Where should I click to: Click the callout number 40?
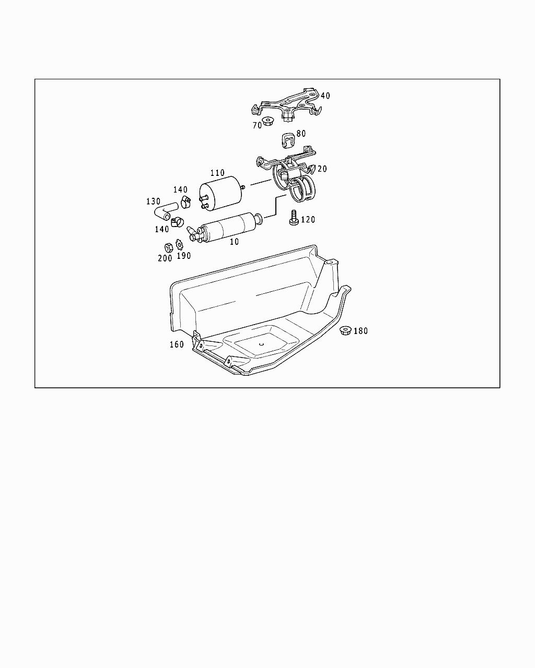coord(325,96)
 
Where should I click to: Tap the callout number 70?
coord(257,125)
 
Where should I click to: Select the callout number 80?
coord(301,134)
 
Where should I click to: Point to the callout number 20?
coord(322,169)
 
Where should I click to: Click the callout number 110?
coord(217,173)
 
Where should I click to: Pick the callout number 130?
coord(153,201)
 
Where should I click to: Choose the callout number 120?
coord(308,220)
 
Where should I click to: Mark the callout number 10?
coord(234,242)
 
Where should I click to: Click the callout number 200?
coord(165,258)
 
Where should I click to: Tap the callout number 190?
coord(183,256)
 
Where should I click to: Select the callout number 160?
coord(177,344)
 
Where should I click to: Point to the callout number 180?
coord(360,331)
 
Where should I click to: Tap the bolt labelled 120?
coord(293,218)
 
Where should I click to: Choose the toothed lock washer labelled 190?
coord(180,244)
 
